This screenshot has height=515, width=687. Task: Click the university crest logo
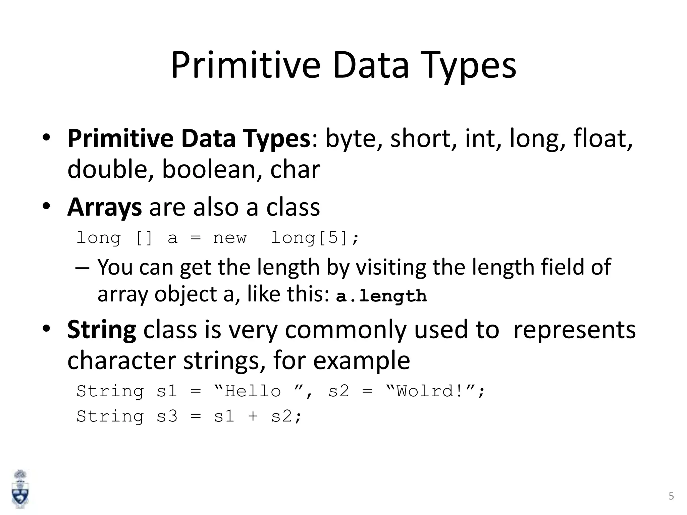pos(20,489)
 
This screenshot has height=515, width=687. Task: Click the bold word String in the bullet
pos(101,330)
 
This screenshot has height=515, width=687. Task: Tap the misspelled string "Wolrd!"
pos(435,391)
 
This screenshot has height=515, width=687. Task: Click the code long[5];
pos(315,238)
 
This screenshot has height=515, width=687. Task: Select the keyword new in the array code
pos(230,238)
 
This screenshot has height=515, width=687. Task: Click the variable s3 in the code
pos(167,416)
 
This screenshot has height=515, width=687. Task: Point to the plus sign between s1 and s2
pos(253,417)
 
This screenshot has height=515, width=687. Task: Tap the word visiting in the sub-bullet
pos(390,268)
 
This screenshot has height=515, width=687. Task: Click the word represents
pos(574,330)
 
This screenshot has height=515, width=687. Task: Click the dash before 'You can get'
pos(83,268)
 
